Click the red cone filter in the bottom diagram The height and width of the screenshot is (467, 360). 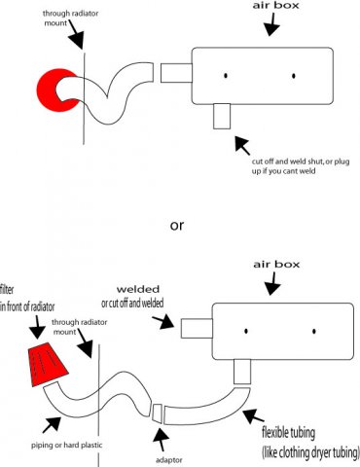click(48, 364)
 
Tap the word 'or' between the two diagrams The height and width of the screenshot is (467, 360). click(177, 225)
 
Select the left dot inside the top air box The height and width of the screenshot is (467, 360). click(226, 76)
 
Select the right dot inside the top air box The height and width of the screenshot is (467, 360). click(294, 76)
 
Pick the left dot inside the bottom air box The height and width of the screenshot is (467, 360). click(246, 331)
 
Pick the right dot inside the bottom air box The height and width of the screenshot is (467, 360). click(314, 331)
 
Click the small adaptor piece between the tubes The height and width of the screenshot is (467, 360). click(158, 413)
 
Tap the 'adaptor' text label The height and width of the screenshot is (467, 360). click(168, 460)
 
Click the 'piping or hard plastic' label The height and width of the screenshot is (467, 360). click(66, 445)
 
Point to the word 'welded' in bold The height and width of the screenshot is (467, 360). click(138, 289)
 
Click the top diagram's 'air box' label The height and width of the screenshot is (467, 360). click(275, 6)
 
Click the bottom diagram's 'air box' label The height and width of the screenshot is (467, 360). click(276, 265)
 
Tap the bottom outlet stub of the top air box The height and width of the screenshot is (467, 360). click(222, 116)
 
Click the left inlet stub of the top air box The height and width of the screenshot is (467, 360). click(176, 73)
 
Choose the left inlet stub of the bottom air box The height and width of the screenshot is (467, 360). click(197, 328)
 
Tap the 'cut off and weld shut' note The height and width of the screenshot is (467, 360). click(301, 166)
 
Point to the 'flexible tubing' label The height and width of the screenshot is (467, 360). click(288, 433)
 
